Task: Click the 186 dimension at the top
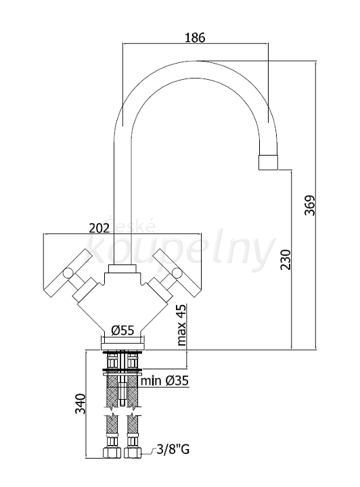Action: [195, 37]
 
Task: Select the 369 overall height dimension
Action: [310, 205]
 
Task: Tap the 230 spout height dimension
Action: [286, 259]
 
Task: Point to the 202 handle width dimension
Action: [99, 229]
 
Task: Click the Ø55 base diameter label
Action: [122, 330]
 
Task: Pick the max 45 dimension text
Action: [181, 325]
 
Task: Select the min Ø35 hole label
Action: [164, 380]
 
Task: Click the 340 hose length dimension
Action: [81, 403]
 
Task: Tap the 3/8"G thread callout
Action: [173, 449]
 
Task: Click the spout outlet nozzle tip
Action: [268, 162]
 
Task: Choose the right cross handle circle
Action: [177, 273]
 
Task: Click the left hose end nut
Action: [112, 453]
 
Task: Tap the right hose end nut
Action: [133, 453]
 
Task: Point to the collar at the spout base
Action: [122, 269]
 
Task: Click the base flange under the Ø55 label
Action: [122, 346]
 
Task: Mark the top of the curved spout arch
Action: [196, 61]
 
